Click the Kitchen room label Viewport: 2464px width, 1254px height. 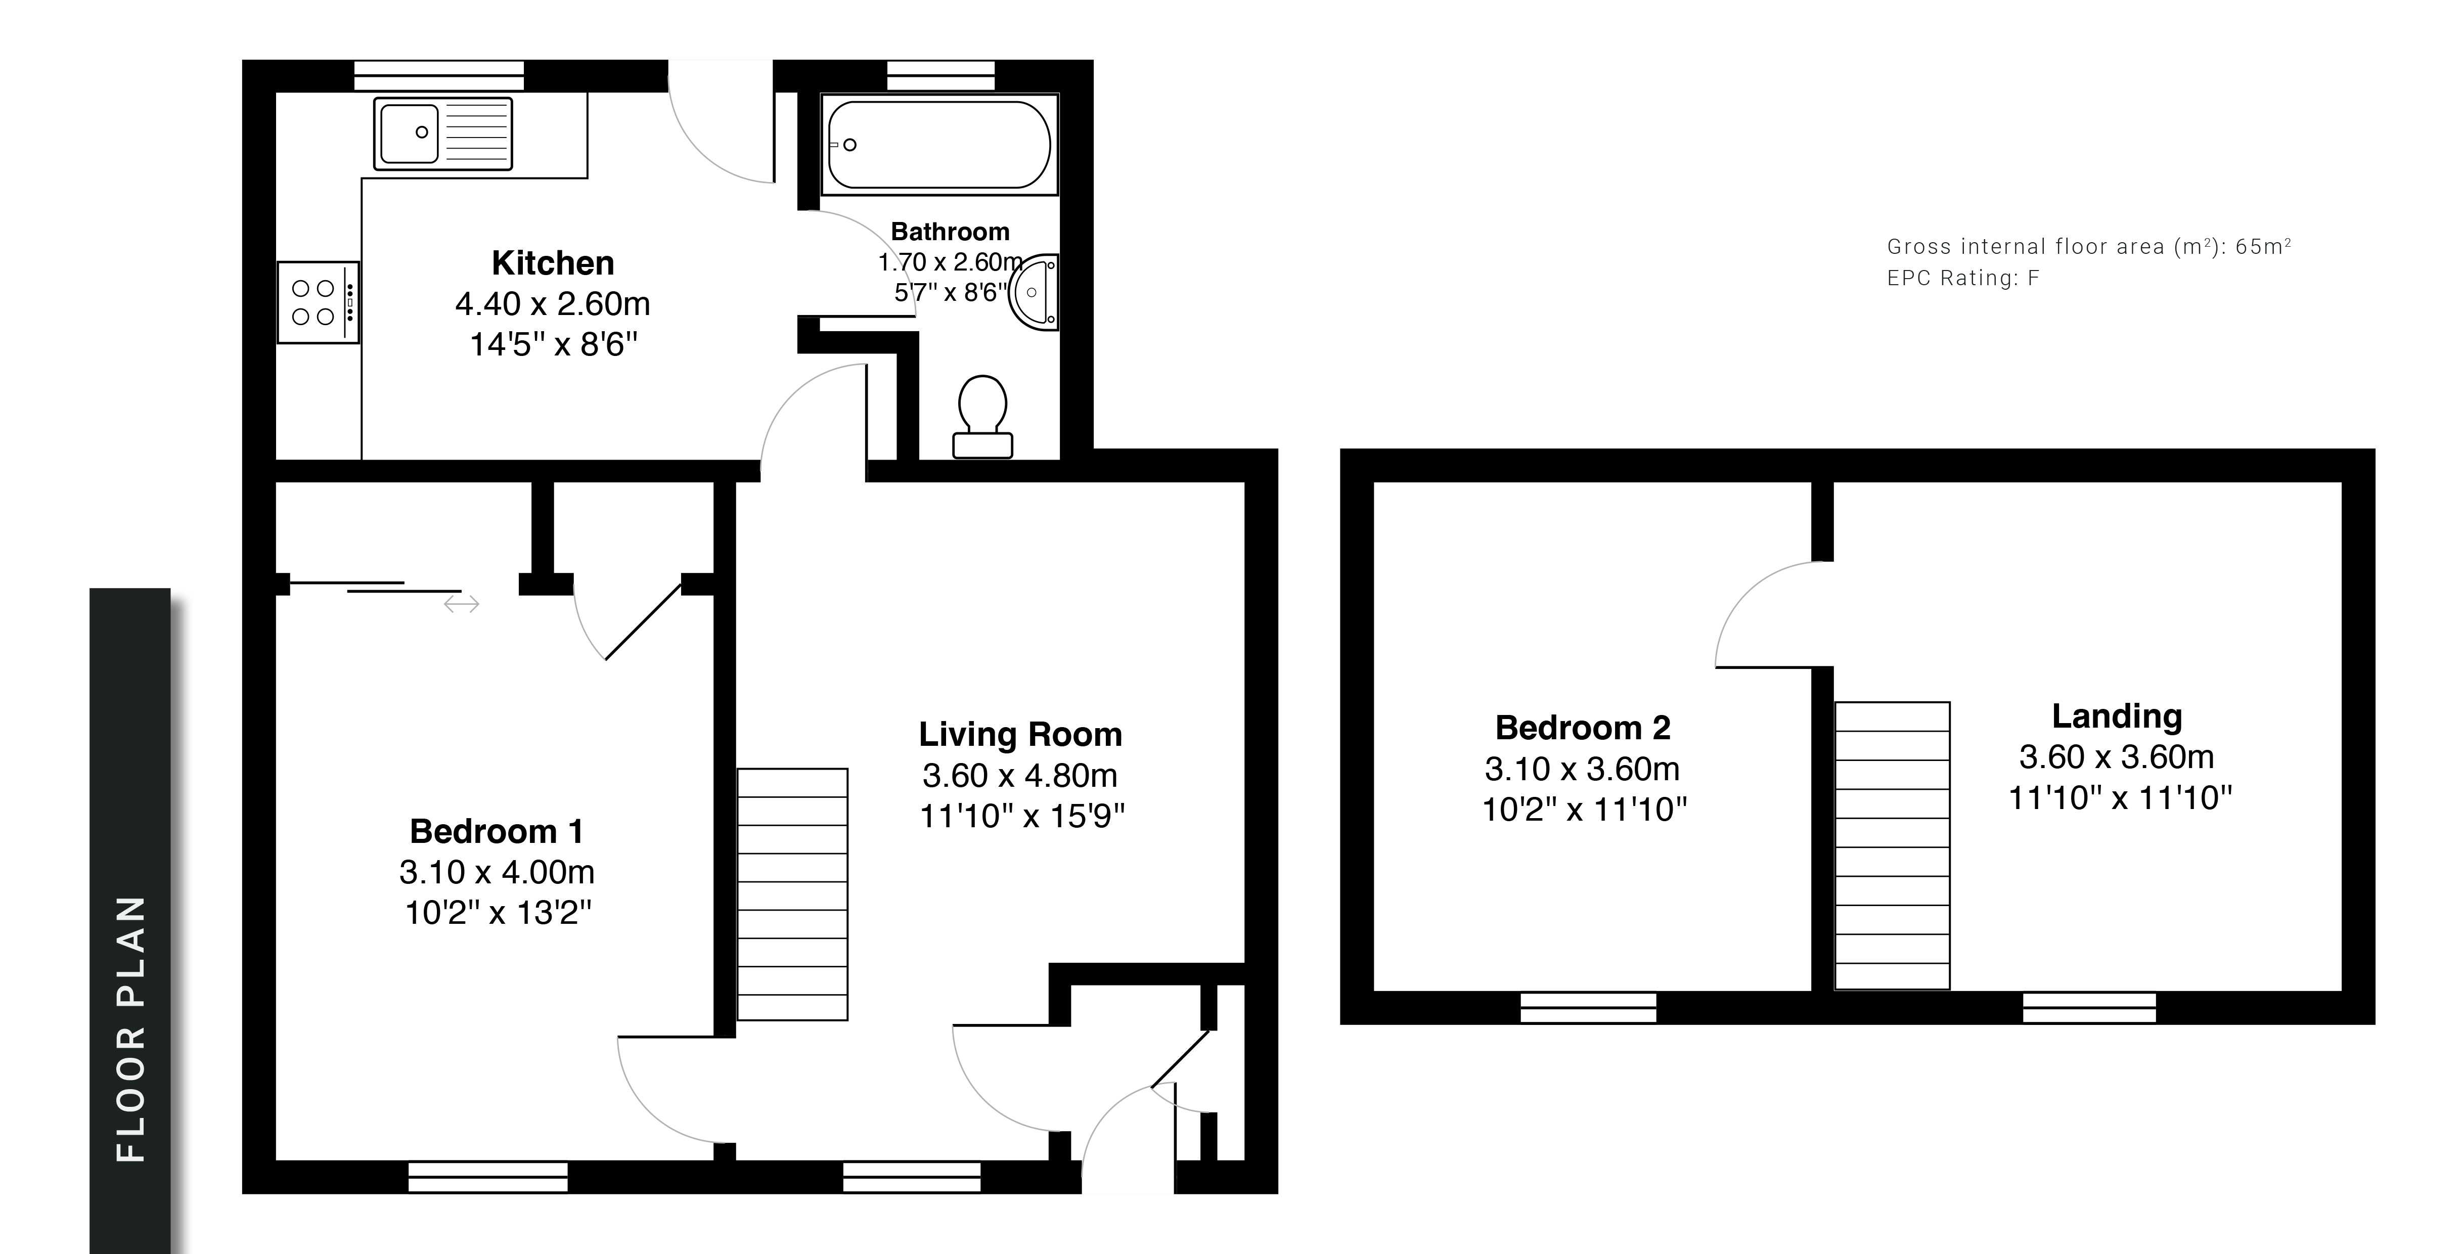(553, 263)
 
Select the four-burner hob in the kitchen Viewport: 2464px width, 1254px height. (319, 302)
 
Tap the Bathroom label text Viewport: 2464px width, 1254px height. (950, 232)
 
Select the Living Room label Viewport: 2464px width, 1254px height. (1020, 735)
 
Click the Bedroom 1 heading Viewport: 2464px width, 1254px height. (497, 831)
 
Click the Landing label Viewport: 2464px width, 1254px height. (2117, 716)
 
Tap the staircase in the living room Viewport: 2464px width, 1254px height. (792, 894)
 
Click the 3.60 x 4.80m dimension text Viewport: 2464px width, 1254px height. (1020, 776)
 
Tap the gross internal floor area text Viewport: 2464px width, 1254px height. (2089, 247)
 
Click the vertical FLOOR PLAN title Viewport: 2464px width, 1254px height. (130, 1029)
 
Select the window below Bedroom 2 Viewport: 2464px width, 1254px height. (1588, 1007)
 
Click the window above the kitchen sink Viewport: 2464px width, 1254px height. (439, 75)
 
